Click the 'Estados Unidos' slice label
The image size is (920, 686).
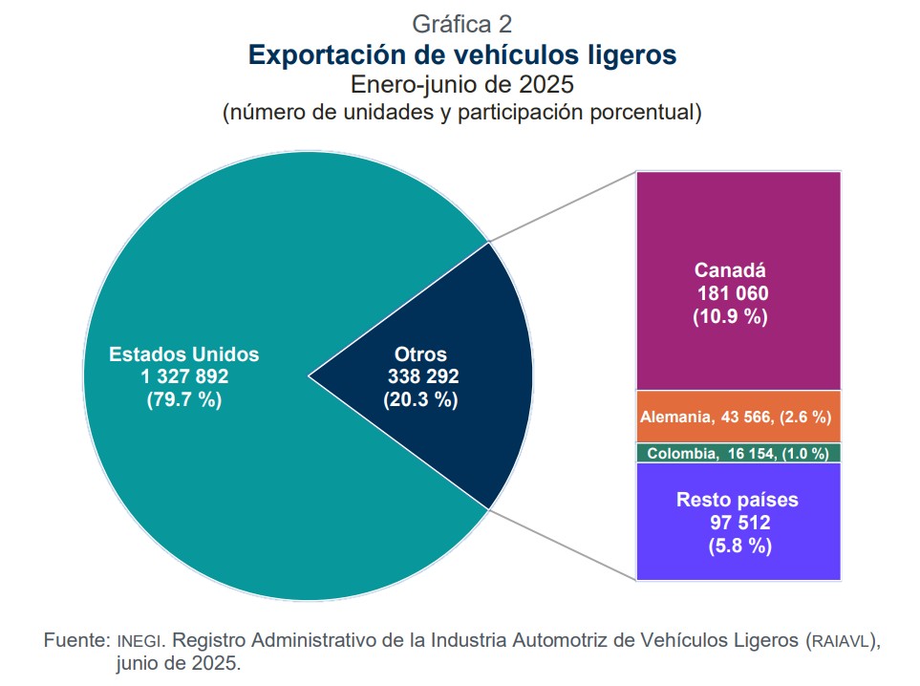(x=183, y=354)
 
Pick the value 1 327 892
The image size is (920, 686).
(x=183, y=376)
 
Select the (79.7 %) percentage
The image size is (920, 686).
(x=183, y=399)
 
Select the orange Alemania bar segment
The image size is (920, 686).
(x=738, y=417)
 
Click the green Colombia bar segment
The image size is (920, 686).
(x=738, y=454)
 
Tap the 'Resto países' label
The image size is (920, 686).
(x=737, y=500)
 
